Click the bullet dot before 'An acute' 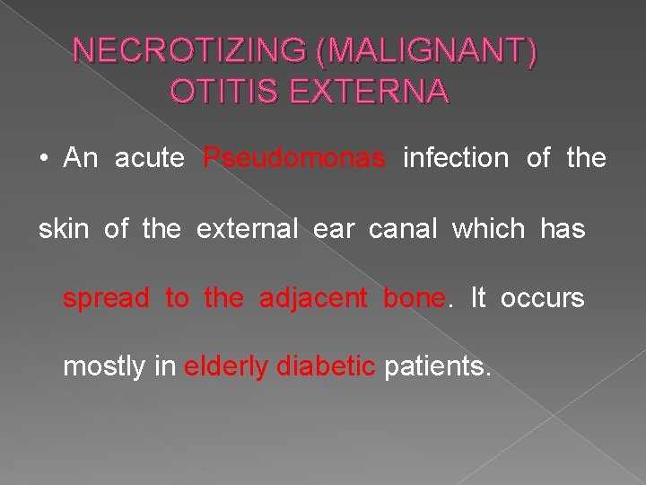tap(43, 160)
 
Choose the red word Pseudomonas tap(294, 159)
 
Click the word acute tap(150, 159)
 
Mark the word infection tap(456, 159)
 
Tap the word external tap(247, 229)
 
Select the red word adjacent tap(314, 299)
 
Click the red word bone tap(414, 298)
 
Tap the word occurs tap(542, 299)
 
